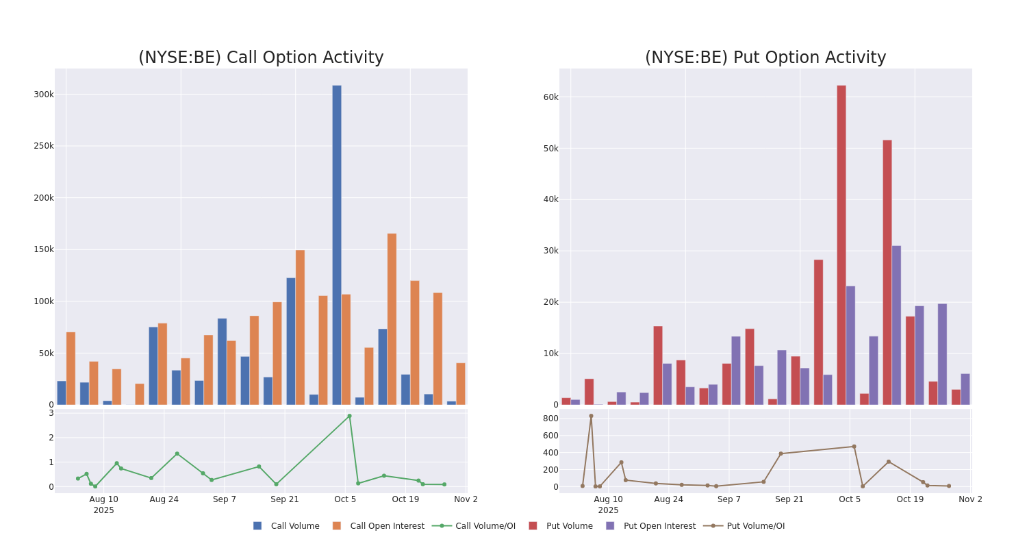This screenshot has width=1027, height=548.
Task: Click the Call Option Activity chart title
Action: [x=261, y=58]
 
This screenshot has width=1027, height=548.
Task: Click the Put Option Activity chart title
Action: [x=765, y=58]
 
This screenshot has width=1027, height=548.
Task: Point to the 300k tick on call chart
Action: [x=43, y=95]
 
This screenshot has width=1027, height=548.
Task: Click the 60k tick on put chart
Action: [x=550, y=97]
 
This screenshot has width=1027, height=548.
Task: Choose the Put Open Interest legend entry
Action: [x=659, y=526]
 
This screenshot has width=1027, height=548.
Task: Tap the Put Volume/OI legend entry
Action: [x=755, y=526]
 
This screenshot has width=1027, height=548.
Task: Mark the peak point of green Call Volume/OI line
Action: [x=349, y=416]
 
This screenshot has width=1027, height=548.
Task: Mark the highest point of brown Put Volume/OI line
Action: [x=591, y=416]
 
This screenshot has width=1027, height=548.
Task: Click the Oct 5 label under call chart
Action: [x=345, y=499]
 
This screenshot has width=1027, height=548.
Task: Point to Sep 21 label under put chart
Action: [x=789, y=499]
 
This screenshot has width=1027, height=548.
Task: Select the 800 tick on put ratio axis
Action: [x=550, y=419]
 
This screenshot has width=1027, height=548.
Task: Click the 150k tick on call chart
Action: [x=43, y=249]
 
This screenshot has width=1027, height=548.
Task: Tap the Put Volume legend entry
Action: [x=569, y=526]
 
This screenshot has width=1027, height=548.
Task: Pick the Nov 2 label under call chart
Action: [x=466, y=499]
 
